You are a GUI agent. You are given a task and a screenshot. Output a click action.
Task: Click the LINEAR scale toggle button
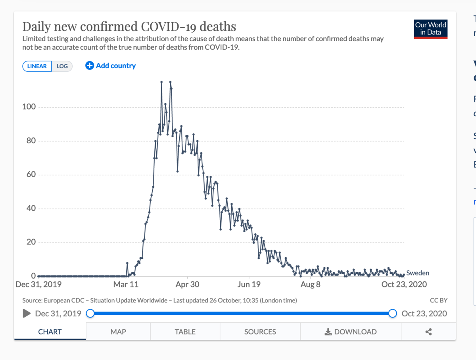tap(37, 66)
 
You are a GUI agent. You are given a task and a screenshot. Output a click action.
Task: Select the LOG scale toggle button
tap(62, 66)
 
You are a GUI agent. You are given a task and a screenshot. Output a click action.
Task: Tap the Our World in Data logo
tap(430, 29)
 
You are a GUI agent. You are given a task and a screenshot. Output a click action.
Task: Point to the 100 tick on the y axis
tap(29, 107)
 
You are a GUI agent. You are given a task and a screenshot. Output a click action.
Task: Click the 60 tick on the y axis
tap(31, 175)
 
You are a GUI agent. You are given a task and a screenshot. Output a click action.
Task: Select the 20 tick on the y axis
tap(31, 242)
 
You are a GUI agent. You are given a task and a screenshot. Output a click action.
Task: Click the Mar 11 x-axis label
tap(126, 284)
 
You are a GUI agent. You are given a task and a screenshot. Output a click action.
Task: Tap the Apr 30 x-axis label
tap(187, 284)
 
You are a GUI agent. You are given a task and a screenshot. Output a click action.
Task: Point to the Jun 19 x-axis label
tap(249, 284)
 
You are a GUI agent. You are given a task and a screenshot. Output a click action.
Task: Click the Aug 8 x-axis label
tap(311, 284)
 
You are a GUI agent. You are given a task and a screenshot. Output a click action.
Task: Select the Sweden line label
tap(418, 273)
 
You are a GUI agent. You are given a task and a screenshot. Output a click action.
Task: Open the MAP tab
tap(118, 332)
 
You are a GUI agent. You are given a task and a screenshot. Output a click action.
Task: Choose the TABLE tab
tap(185, 332)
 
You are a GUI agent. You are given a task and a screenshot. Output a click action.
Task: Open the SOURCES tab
tap(260, 332)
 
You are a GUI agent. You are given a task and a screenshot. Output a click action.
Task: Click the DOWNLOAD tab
tap(351, 332)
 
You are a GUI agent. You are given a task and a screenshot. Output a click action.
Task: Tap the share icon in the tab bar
tap(428, 332)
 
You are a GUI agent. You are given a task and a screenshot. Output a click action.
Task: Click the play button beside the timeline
tap(27, 314)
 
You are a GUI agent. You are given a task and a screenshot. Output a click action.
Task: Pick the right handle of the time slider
tap(393, 314)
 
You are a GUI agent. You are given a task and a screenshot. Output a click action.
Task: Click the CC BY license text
tap(438, 300)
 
